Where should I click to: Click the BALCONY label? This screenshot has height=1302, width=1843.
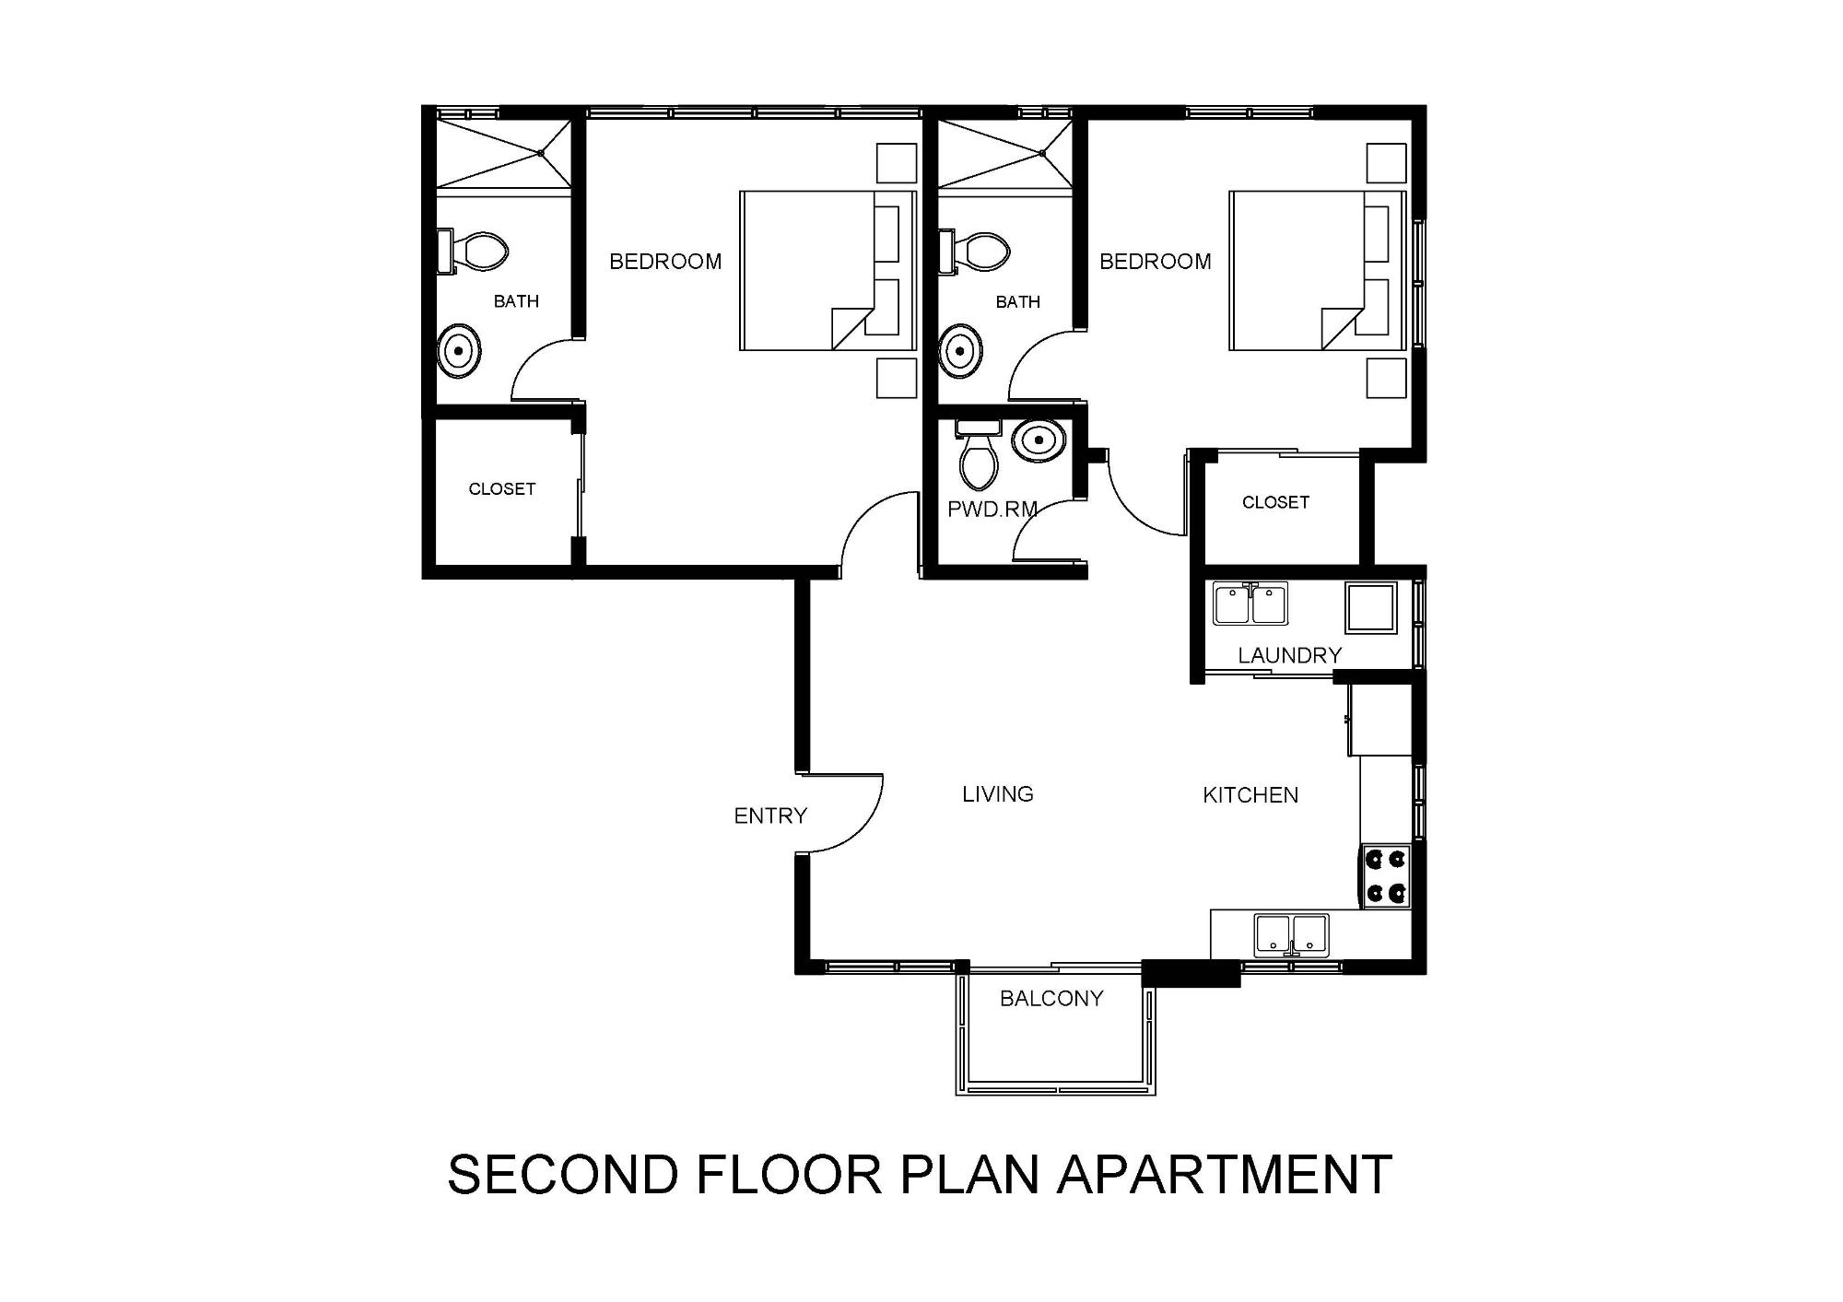pyautogui.click(x=1051, y=998)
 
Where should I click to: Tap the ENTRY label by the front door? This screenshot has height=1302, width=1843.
pyautogui.click(x=770, y=815)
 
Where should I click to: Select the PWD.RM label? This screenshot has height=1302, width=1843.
pyautogui.click(x=992, y=509)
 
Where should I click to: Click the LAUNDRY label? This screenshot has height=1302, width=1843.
pyautogui.click(x=1289, y=655)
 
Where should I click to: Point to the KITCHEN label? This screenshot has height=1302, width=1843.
pyautogui.click(x=1250, y=795)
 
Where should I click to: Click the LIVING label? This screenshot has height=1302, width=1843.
pyautogui.click(x=998, y=794)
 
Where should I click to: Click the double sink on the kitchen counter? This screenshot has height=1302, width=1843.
pyautogui.click(x=1291, y=935)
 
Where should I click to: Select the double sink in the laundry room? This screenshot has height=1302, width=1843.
pyautogui.click(x=1250, y=604)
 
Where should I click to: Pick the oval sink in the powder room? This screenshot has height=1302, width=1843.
pyautogui.click(x=1039, y=441)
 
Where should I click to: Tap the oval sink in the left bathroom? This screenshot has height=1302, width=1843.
pyautogui.click(x=459, y=351)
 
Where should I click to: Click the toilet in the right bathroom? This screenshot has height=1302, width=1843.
pyautogui.click(x=974, y=252)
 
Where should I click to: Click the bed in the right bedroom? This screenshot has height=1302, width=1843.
pyautogui.click(x=1318, y=271)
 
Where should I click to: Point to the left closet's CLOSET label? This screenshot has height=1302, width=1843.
pyautogui.click(x=502, y=489)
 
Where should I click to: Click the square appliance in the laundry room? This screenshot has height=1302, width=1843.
pyautogui.click(x=1371, y=607)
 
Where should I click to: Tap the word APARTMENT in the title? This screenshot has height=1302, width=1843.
pyautogui.click(x=1225, y=1174)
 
